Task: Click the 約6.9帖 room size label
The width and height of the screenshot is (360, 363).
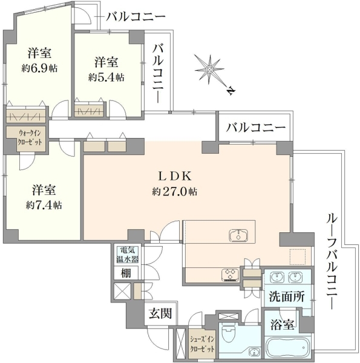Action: tap(39, 68)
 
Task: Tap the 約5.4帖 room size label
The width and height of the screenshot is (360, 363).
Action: tap(106, 77)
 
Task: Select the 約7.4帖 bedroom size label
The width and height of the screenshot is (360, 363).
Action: tap(44, 205)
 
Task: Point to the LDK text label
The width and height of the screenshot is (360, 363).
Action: tap(175, 177)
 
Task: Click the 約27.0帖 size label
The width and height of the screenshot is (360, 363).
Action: tap(175, 191)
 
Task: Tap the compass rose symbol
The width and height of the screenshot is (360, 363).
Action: tap(209, 70)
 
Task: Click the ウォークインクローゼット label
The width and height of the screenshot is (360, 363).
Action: tap(30, 137)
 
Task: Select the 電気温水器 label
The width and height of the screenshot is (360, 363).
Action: tap(127, 255)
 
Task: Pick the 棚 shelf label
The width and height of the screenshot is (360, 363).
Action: tap(126, 273)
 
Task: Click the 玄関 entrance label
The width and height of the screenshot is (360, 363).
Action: tap(160, 314)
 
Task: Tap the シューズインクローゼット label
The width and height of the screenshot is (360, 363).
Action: tap(202, 344)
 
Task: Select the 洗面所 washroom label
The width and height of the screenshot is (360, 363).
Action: tap(286, 296)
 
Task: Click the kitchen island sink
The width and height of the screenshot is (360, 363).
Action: tap(238, 235)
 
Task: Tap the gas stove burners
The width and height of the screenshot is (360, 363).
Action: tap(231, 275)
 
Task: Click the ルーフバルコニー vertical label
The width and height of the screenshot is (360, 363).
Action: tap(332, 262)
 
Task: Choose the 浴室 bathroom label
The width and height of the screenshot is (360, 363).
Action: tap(283, 324)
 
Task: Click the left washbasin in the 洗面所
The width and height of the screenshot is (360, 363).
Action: tap(276, 277)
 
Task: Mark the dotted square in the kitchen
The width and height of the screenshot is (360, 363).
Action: tap(298, 257)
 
